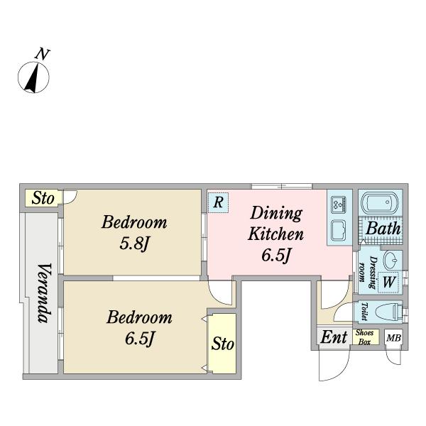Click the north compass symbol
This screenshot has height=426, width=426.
pos(33,77)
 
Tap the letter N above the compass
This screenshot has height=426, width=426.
pos(43,54)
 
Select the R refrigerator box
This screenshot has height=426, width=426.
pos(218,202)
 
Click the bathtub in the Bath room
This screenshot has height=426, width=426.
pos(381,202)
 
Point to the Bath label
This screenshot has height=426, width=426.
pos(383,228)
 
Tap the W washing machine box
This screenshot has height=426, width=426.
pos(388,282)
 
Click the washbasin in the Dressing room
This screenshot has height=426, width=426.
pos(390,260)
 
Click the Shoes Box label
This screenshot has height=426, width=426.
pos(364,337)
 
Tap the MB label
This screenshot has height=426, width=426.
pos(393,338)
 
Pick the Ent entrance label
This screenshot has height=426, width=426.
pos(334,337)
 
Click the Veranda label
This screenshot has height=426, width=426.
pos(44,293)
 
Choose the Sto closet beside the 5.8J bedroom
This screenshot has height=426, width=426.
pos(43,198)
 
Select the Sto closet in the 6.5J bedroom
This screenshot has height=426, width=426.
pos(222,344)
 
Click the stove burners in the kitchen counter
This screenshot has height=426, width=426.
pos(339,204)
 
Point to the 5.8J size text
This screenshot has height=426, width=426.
pos(134,244)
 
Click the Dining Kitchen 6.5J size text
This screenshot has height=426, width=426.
pos(276,256)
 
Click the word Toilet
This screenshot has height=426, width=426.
pos(364,312)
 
